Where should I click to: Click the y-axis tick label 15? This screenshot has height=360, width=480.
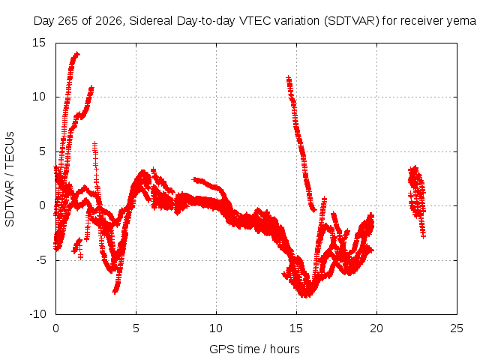pos(39,43)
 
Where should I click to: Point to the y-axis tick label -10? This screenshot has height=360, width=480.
pos(37,314)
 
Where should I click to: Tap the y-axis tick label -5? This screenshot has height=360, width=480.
pos(40,260)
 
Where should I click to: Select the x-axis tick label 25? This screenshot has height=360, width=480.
pos(457,328)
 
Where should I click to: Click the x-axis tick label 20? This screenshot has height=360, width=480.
pos(376,328)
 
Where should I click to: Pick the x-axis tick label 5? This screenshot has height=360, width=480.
pos(136,328)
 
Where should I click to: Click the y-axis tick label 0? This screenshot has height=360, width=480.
pos(42,205)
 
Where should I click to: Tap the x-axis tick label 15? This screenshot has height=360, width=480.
pos(296,328)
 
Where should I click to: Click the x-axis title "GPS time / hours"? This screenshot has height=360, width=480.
pos(254,349)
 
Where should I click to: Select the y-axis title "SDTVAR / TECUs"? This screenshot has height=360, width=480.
pos(10,179)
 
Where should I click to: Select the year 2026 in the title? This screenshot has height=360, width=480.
pos(109,21)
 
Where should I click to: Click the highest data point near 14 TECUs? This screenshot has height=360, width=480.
pos(77,54)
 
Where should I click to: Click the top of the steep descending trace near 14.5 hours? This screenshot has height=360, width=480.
pos(288,78)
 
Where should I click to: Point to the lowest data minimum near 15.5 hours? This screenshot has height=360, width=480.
pos(305,295)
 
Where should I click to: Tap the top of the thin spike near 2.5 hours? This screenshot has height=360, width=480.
pos(95,143)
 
